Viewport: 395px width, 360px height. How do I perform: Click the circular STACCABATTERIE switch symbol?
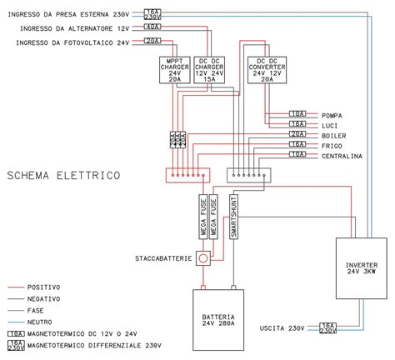pyautogui.click(x=202, y=258)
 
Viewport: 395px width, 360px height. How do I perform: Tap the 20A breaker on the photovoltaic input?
pyautogui.click(x=152, y=41)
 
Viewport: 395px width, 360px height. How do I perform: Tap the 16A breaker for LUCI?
pyautogui.click(x=297, y=124)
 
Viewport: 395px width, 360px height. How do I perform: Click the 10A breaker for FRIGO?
pyautogui.click(x=297, y=144)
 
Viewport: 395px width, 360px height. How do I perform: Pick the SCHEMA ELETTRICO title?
pyautogui.click(x=63, y=176)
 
